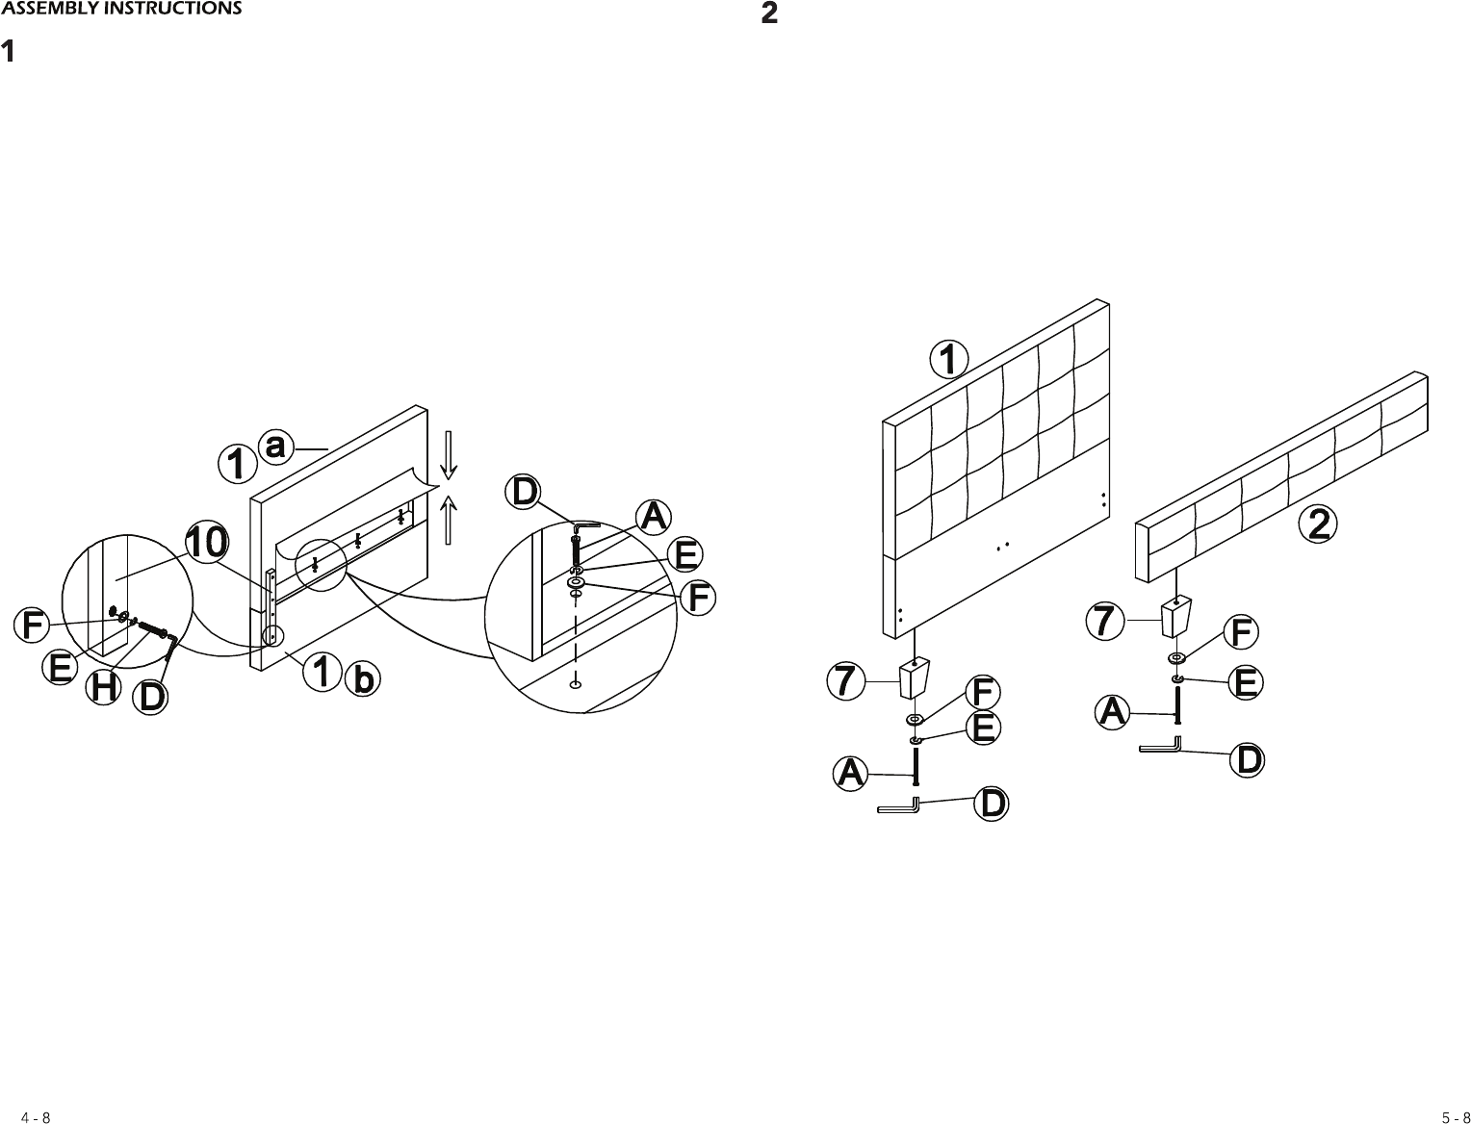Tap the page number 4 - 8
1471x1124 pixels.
coord(37,1117)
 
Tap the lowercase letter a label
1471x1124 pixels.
coord(276,447)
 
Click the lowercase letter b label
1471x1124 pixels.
coord(362,679)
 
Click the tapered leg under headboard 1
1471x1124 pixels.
coord(915,678)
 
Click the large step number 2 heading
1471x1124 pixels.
coord(769,13)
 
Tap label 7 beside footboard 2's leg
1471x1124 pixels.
coord(1105,622)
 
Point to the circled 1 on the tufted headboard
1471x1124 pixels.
coord(948,360)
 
